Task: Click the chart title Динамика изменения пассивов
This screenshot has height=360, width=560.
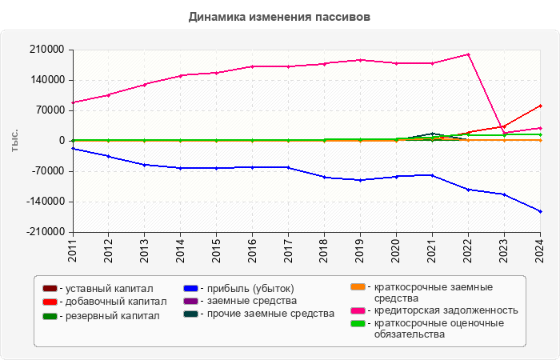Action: (279, 16)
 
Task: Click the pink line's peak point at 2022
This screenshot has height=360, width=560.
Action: (468, 54)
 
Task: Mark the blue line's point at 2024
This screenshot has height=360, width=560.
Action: (540, 211)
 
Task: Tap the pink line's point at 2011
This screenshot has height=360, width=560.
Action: (72, 102)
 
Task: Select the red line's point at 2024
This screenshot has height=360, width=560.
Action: (540, 106)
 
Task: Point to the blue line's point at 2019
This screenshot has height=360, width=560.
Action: (360, 180)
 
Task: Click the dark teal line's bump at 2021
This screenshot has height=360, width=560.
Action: (432, 134)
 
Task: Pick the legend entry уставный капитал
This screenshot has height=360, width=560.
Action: (103, 289)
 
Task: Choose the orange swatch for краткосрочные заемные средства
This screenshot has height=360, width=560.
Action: (360, 286)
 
